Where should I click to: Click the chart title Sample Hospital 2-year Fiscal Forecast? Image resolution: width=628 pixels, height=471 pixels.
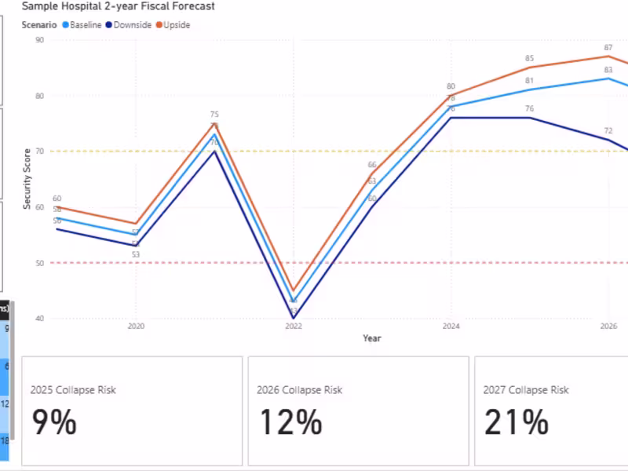click(118, 6)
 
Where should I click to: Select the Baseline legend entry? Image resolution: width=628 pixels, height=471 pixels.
click(85, 25)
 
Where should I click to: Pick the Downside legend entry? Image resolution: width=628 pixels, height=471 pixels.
click(132, 25)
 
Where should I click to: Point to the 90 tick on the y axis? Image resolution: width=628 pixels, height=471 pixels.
click(39, 40)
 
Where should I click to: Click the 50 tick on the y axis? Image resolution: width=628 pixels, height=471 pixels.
click(39, 263)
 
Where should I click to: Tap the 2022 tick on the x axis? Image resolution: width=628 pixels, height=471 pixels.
click(293, 326)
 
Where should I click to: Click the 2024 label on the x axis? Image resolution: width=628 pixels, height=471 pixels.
click(451, 326)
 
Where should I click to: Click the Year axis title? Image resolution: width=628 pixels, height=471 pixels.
click(372, 338)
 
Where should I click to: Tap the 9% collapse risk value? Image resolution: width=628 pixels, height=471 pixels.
click(54, 423)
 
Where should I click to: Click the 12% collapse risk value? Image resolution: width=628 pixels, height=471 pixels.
click(290, 423)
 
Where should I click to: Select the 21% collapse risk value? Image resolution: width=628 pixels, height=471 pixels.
click(516, 423)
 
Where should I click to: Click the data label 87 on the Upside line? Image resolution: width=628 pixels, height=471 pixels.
click(608, 48)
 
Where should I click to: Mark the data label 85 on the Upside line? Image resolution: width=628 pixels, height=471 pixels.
click(530, 59)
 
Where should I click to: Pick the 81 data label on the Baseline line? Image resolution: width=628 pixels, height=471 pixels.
click(530, 81)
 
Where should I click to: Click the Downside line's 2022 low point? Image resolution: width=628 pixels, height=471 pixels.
click(294, 318)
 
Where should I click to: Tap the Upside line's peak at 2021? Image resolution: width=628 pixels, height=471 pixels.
click(214, 123)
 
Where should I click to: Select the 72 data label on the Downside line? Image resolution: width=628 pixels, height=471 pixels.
click(608, 130)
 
